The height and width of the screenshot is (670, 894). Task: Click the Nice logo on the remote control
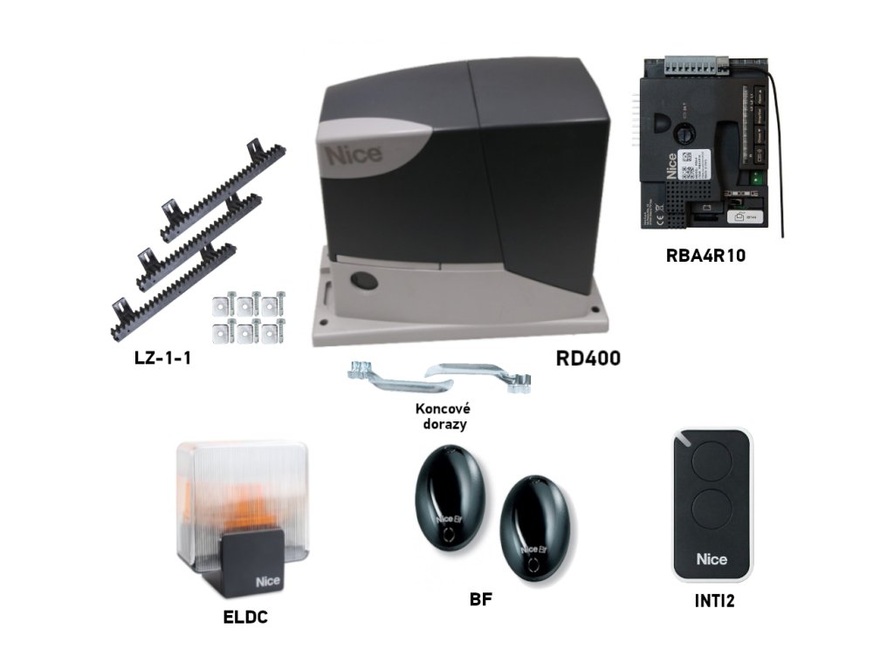(712, 558)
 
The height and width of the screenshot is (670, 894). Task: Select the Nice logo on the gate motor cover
(354, 155)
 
